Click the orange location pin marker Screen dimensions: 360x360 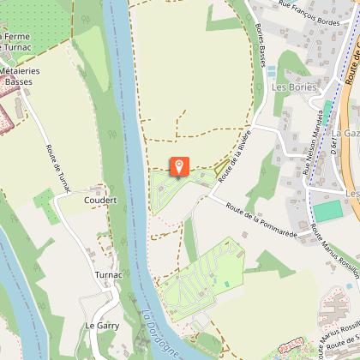click(x=179, y=166)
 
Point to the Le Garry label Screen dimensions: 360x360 click(x=101, y=326)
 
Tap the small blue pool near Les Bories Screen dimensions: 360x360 click(x=272, y=69)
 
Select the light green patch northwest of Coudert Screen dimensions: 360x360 click(x=47, y=206)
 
